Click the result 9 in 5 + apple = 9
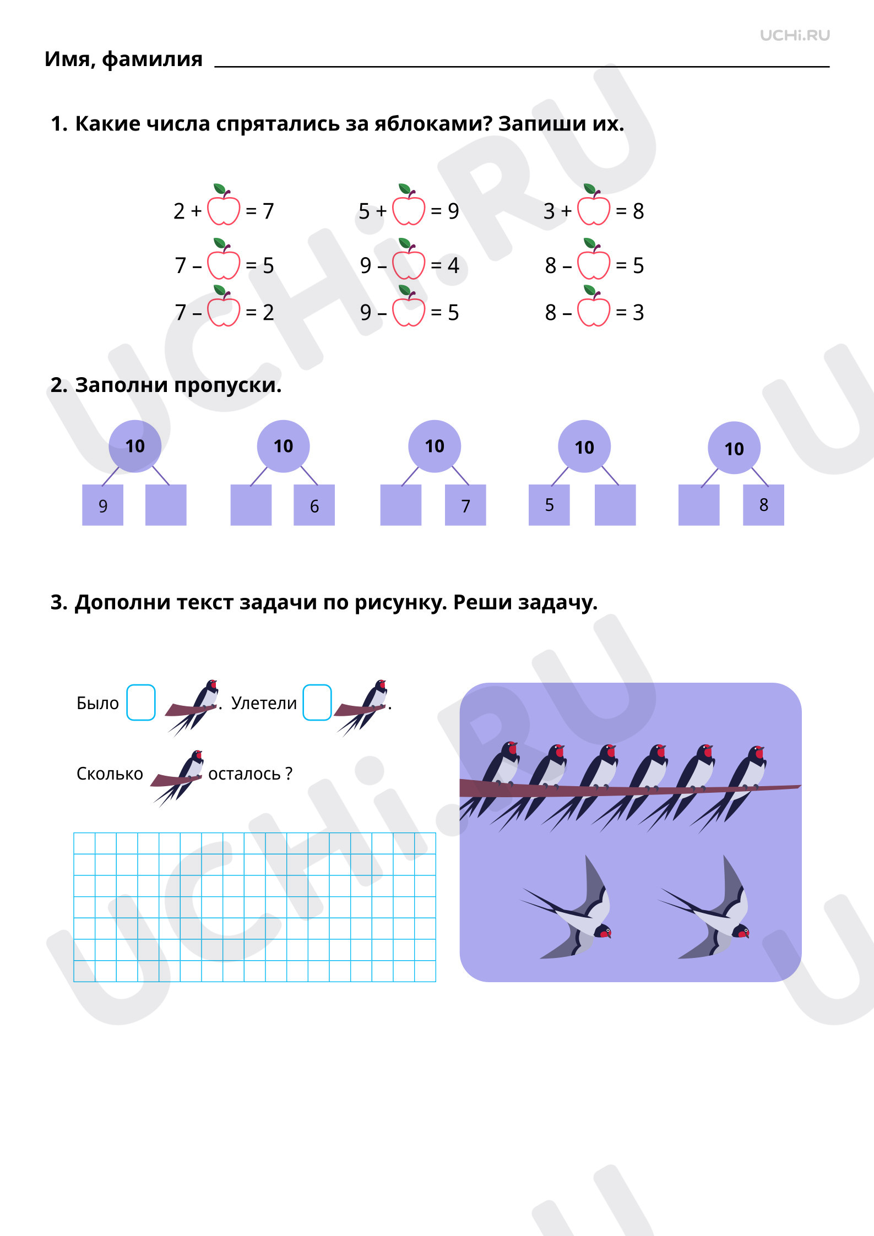[x=453, y=211]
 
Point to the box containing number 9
[x=102, y=505]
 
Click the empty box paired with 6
[x=251, y=505]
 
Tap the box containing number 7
[x=465, y=505]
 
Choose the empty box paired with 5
[x=615, y=505]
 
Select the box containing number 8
[x=763, y=505]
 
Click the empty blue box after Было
[x=141, y=703]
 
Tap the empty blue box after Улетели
[x=317, y=703]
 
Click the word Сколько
[x=110, y=774]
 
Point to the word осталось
[x=245, y=774]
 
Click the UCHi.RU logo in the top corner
[x=795, y=36]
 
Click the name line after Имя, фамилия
[x=522, y=67]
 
